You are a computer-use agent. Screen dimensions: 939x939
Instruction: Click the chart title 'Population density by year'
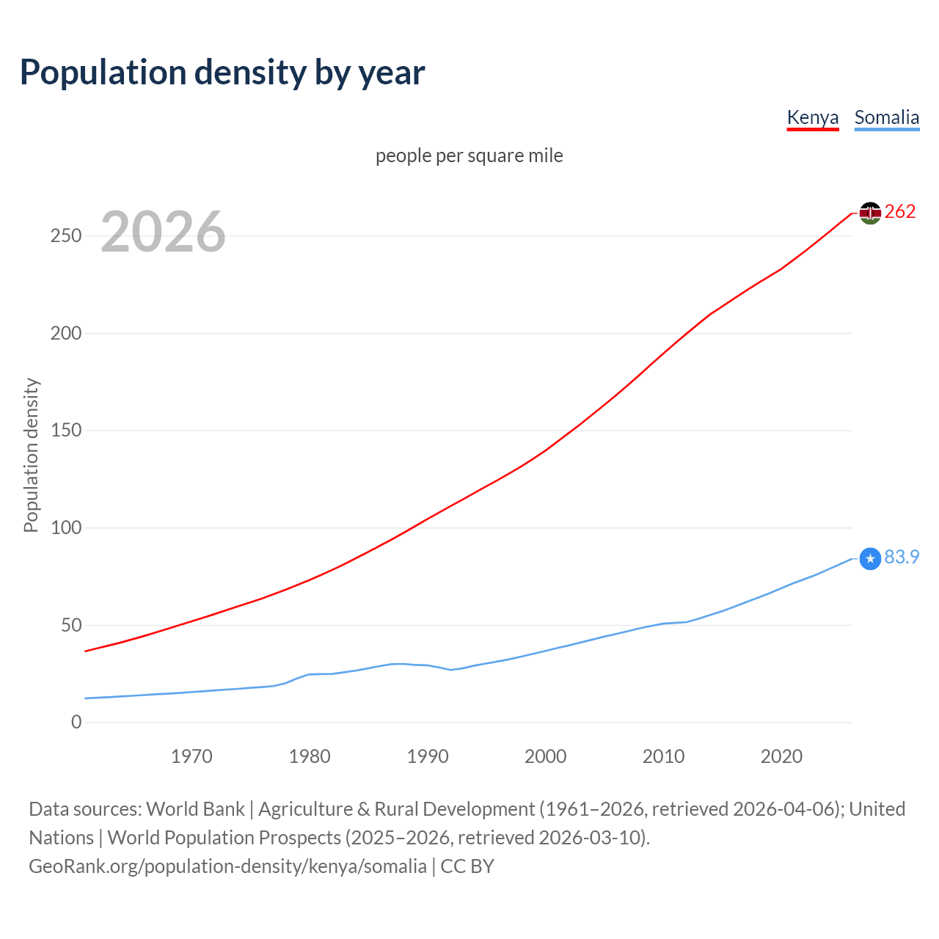pyautogui.click(x=222, y=73)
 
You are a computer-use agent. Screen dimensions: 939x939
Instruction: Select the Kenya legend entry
pyautogui.click(x=812, y=118)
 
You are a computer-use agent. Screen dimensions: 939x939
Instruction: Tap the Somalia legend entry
pyautogui.click(x=886, y=118)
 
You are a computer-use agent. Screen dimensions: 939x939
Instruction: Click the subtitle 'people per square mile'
pyautogui.click(x=469, y=156)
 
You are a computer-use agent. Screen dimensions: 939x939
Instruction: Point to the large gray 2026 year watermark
pyautogui.click(x=163, y=232)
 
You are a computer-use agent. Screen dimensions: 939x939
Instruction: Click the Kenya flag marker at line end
pyautogui.click(x=870, y=213)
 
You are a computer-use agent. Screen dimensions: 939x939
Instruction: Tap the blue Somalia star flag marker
pyautogui.click(x=870, y=559)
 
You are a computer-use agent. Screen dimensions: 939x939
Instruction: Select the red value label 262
pyautogui.click(x=900, y=212)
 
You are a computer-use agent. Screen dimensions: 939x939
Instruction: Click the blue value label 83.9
pyautogui.click(x=902, y=558)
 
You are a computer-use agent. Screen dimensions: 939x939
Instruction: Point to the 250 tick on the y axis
pyautogui.click(x=66, y=236)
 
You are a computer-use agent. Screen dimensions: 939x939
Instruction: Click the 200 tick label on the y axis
pyautogui.click(x=66, y=333)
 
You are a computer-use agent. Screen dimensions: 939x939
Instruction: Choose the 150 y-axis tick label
pyautogui.click(x=66, y=431)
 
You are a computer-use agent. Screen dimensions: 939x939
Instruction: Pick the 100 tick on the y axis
pyautogui.click(x=66, y=528)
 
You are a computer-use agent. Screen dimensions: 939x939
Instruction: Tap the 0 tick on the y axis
pyautogui.click(x=76, y=723)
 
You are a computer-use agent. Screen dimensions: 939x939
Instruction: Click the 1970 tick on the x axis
pyautogui.click(x=191, y=756)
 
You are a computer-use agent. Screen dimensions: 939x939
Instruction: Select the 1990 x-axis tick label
pyautogui.click(x=428, y=756)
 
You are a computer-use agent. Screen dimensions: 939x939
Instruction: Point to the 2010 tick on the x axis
pyautogui.click(x=663, y=756)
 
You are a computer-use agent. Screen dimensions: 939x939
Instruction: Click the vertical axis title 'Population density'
pyautogui.click(x=31, y=455)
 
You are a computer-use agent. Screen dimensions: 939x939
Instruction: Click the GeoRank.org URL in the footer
pyautogui.click(x=227, y=866)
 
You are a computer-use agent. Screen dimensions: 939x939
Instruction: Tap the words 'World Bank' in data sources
pyautogui.click(x=195, y=809)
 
